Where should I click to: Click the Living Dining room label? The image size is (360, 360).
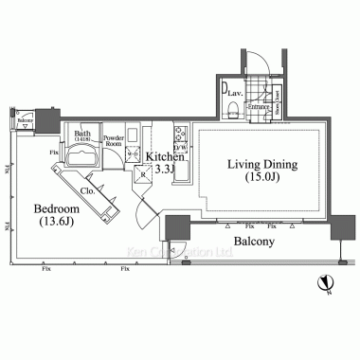click(261, 164)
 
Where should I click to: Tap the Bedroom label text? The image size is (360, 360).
click(57, 207)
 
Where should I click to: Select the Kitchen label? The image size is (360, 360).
click(164, 153)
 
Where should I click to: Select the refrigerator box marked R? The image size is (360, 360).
click(143, 173)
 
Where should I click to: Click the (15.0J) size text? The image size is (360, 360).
click(261, 177)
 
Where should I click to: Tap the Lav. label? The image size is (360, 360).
click(234, 94)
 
